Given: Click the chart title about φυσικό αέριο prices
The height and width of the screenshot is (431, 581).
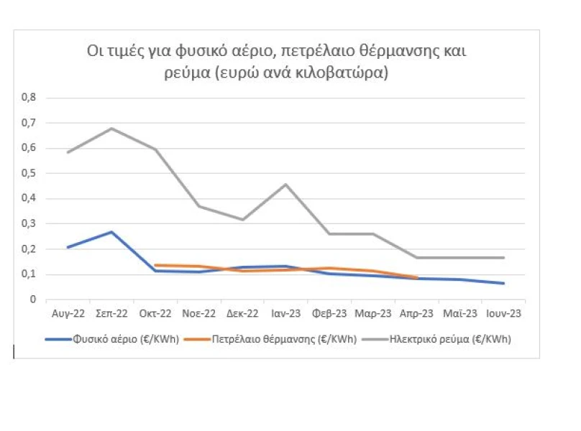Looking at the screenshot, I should click(277, 62).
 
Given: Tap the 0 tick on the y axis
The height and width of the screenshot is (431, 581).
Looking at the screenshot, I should click(33, 300).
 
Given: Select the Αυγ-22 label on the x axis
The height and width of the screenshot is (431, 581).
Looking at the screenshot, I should click(68, 314).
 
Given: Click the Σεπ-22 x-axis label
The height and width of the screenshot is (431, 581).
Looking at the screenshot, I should click(111, 314).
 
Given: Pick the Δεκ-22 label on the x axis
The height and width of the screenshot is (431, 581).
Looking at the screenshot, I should click(242, 314).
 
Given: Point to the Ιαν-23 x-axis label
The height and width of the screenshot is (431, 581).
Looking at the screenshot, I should click(286, 314).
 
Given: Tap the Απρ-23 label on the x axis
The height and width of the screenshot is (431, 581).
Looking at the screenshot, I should click(417, 314).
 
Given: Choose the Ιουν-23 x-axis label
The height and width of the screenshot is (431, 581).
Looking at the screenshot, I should click(503, 314).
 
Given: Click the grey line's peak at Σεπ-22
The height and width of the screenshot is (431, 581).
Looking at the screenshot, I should click(111, 129).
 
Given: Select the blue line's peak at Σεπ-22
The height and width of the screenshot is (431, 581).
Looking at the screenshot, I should click(111, 232).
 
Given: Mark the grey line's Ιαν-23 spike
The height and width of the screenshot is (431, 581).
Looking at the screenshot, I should click(286, 185).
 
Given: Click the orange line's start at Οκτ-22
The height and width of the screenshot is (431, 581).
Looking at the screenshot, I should click(155, 265).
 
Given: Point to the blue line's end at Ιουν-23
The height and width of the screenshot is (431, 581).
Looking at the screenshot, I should click(503, 283).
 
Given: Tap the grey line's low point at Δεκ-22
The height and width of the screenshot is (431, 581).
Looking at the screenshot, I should click(242, 220).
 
